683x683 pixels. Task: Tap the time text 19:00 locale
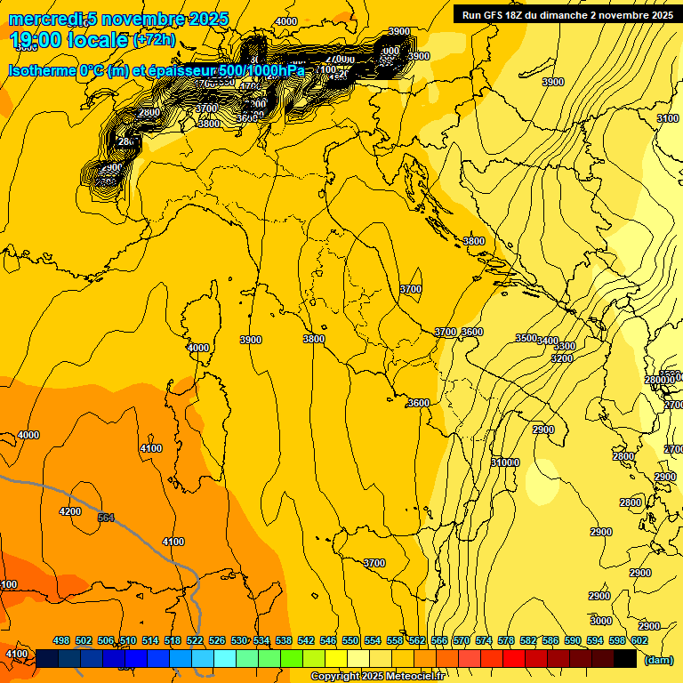point(70,39)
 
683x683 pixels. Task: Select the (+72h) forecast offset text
point(154,40)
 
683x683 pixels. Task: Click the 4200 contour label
point(69,511)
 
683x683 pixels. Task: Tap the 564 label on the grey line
point(106,518)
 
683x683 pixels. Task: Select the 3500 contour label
point(526,338)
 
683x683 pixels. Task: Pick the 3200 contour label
point(562,358)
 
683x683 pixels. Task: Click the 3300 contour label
point(565,346)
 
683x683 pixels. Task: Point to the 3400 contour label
point(548,341)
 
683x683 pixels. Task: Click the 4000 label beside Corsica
point(198,348)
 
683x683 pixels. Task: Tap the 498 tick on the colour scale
point(61,640)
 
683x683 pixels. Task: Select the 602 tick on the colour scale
point(639,640)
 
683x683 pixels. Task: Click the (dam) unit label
point(659,659)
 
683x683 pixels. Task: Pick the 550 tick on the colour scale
point(350,640)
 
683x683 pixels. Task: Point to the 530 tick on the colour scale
point(239,640)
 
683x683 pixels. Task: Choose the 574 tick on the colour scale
point(484,640)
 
